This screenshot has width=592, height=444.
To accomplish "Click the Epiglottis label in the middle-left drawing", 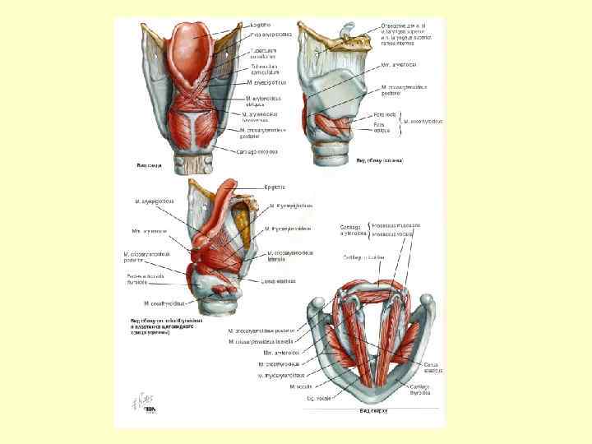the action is [274, 187].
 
